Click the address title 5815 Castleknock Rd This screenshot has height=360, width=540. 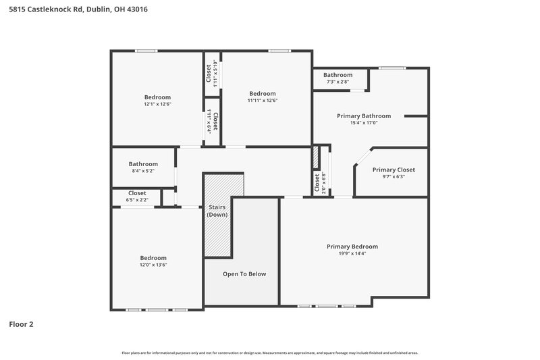pos(78,9)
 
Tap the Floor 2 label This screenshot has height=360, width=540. pos(21,324)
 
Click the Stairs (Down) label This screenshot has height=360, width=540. pos(217,211)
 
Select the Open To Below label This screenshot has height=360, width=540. pos(244,274)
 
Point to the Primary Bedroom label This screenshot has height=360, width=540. pos(352,247)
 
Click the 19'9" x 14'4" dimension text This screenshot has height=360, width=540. pos(352,253)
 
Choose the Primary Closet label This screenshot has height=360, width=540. pos(394,170)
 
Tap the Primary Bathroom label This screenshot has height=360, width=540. pos(364,116)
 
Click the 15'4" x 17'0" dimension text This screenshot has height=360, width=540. pos(364,123)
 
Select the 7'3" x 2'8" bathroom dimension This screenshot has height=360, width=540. pos(337,82)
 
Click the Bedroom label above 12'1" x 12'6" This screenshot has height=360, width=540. pos(157,97)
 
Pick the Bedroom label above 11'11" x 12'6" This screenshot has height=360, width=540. pos(263,93)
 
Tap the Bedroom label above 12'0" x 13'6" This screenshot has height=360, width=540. pos(153,258)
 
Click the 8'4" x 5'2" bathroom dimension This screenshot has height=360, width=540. pos(143,171)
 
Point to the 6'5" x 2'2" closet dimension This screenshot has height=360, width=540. pos(137,200)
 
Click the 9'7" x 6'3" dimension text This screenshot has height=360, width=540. pos(394,177)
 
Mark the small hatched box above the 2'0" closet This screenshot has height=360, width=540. pos(315,157)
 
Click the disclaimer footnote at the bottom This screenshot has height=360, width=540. pos(270,353)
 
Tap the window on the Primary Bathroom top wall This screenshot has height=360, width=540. pos(388,68)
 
